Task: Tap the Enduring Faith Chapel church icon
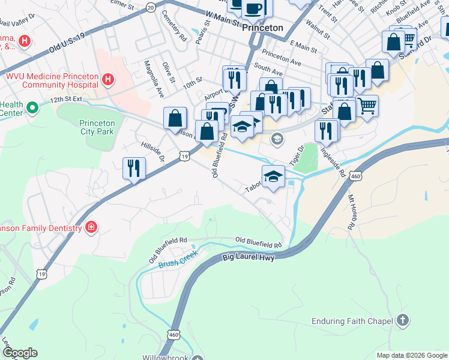click(403, 321)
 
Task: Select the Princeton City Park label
click(97, 127)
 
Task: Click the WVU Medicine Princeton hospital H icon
click(107, 79)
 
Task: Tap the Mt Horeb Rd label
click(350, 212)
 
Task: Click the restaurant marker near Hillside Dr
click(133, 168)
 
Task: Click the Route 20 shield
click(151, 7)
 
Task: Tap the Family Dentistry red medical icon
click(91, 227)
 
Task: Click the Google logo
click(20, 353)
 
